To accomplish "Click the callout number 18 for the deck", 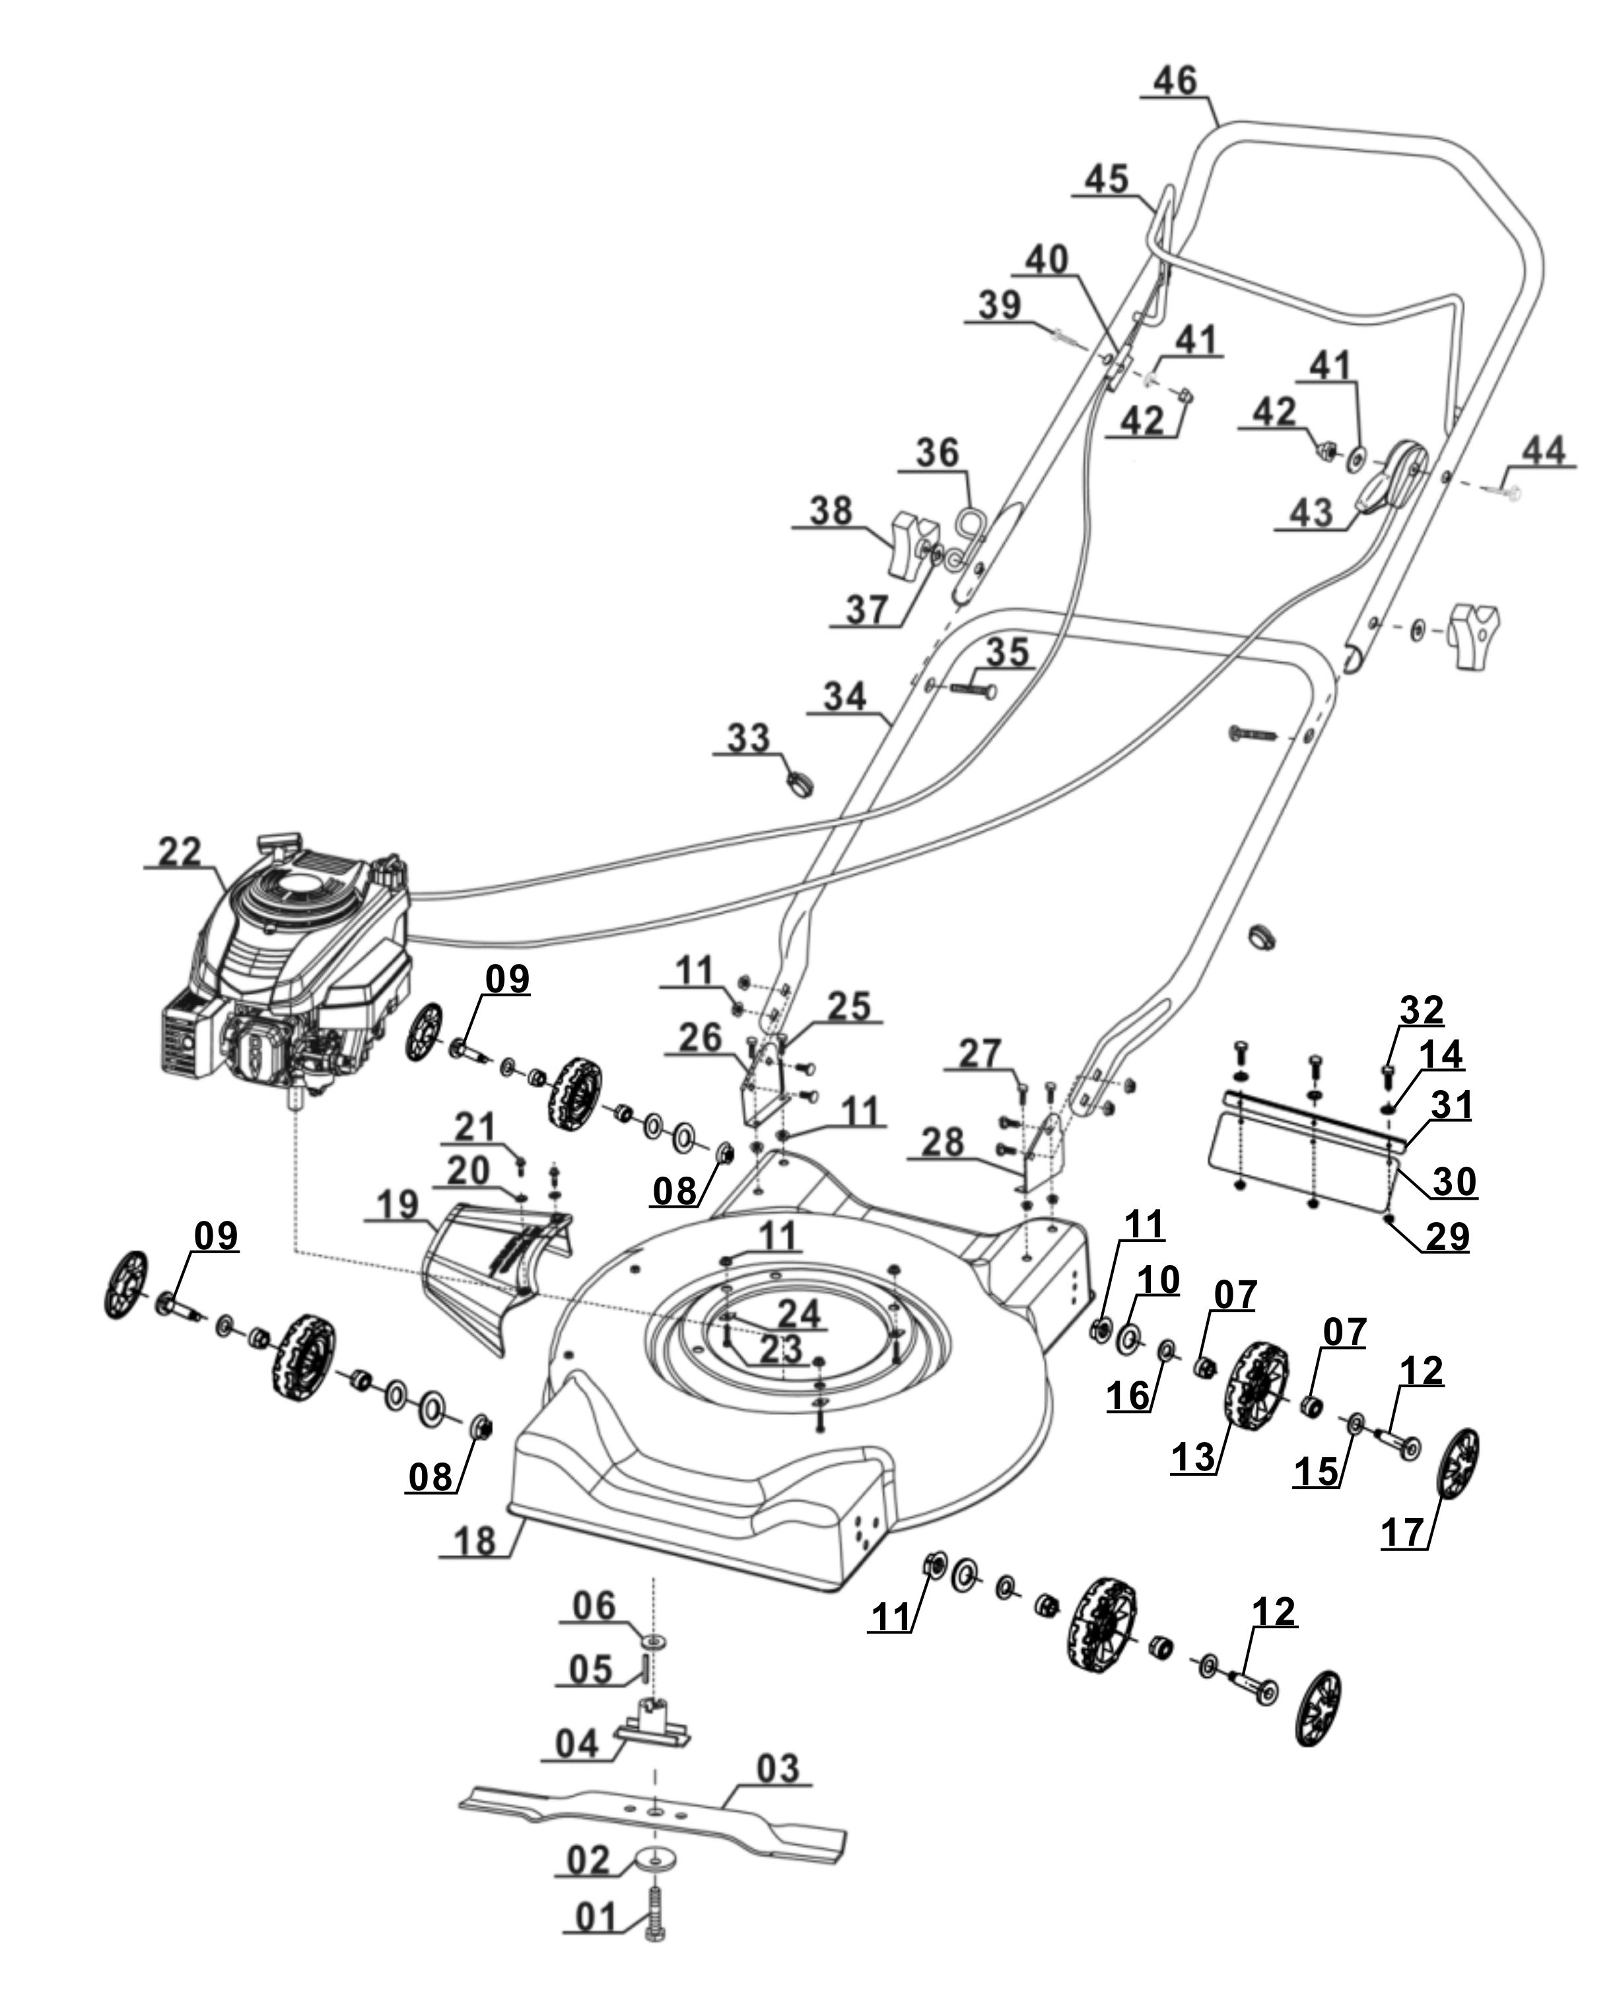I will click(x=475, y=1540).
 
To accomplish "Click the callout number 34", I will click(x=844, y=697).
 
